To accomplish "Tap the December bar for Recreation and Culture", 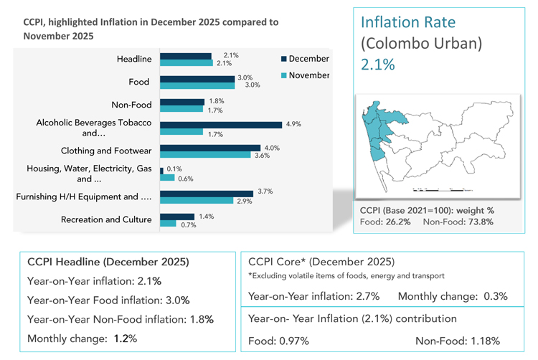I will coord(176,217).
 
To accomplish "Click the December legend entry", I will coord(307,59).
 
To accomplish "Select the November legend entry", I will coord(307,75).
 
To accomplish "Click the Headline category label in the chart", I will coord(133,59).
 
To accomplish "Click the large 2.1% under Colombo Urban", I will coord(377,65).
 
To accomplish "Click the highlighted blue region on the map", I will coord(374,129).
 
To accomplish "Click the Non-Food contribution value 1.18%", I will coord(484,341).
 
